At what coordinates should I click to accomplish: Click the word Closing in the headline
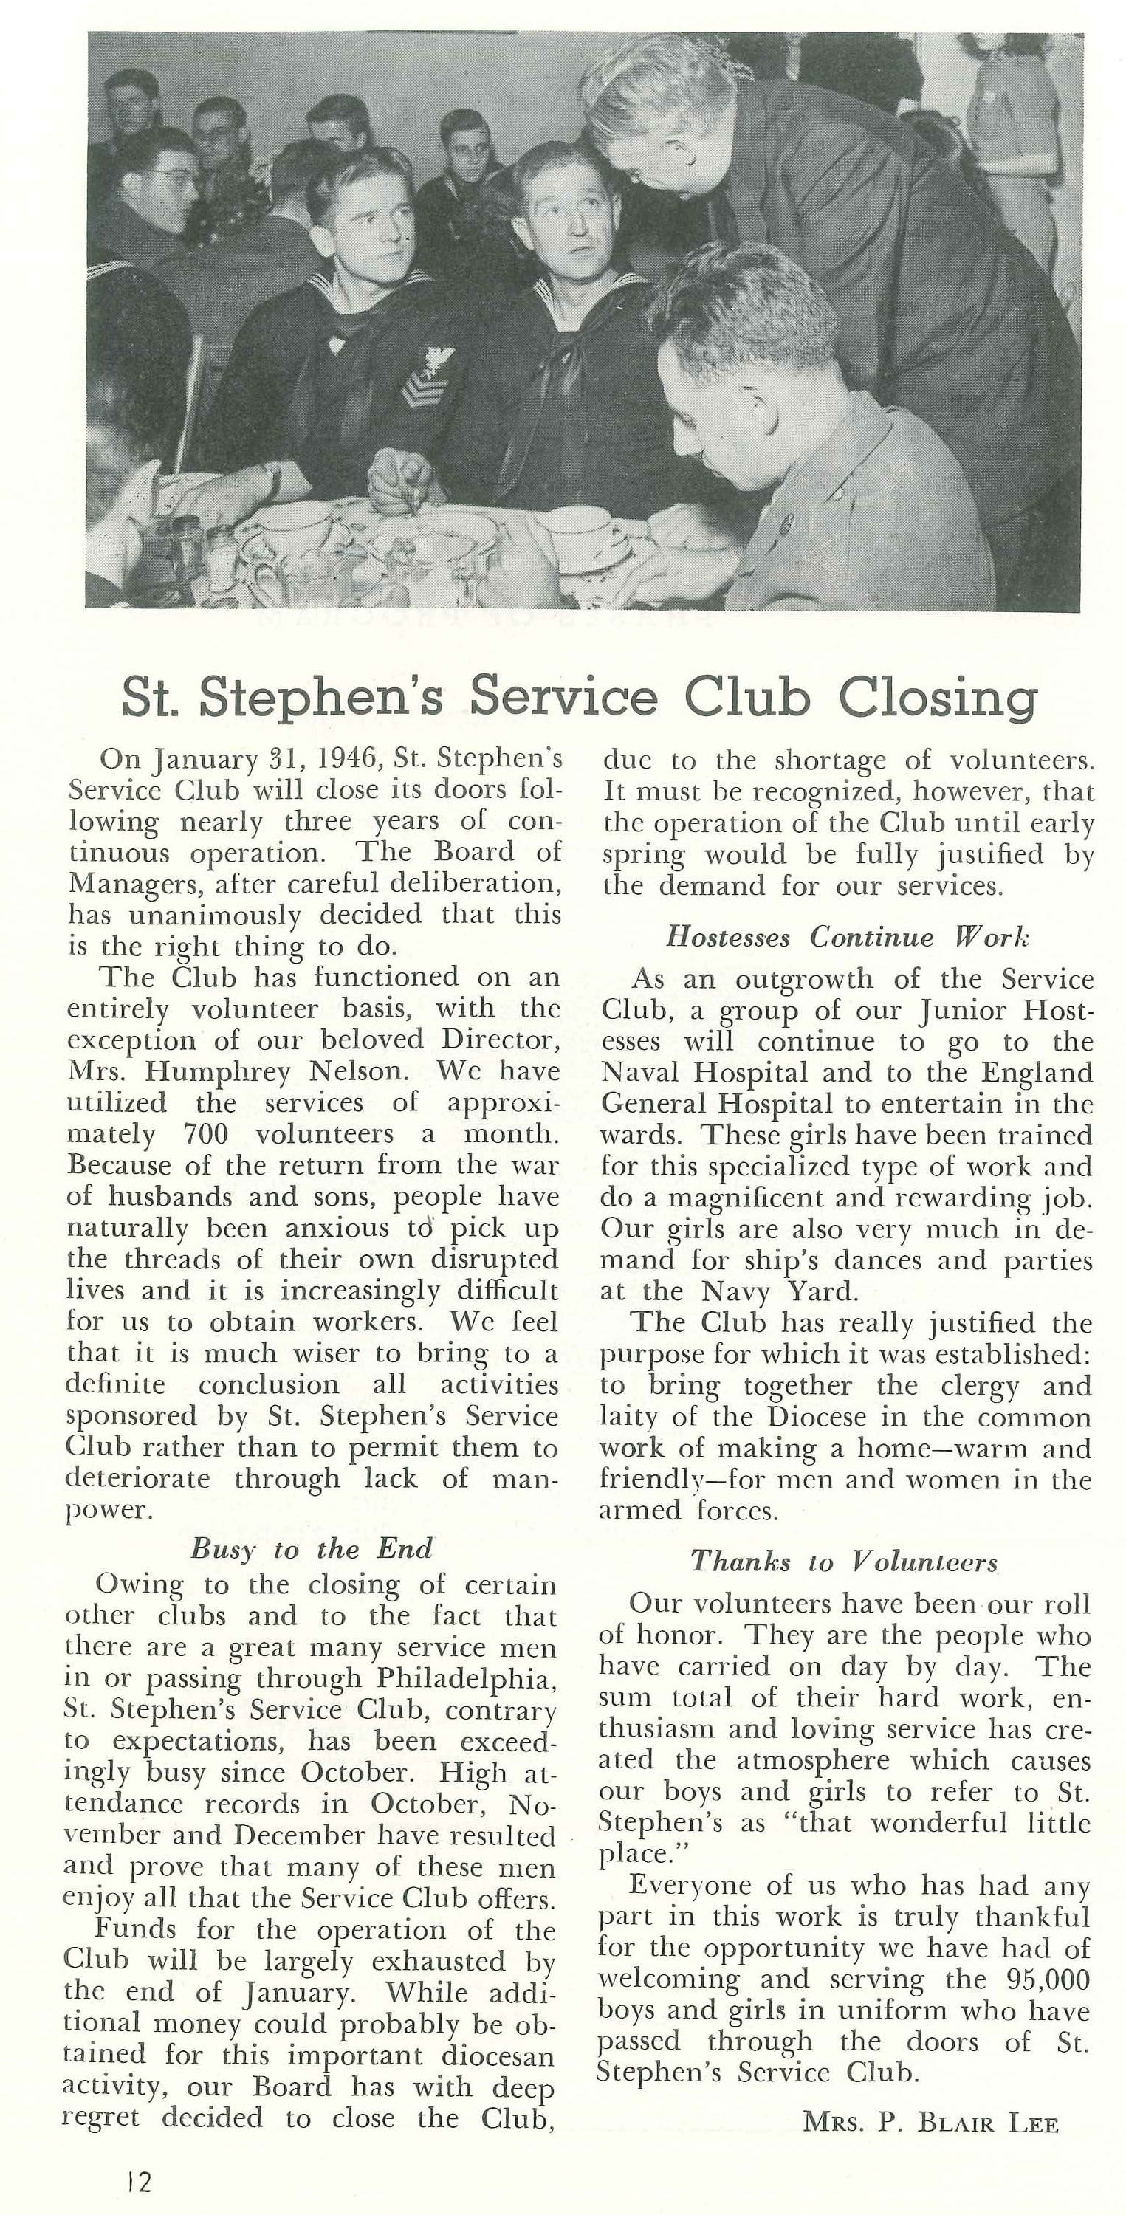click(938, 698)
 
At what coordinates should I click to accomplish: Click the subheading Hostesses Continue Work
click(848, 936)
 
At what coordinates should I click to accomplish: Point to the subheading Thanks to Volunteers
click(844, 1561)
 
